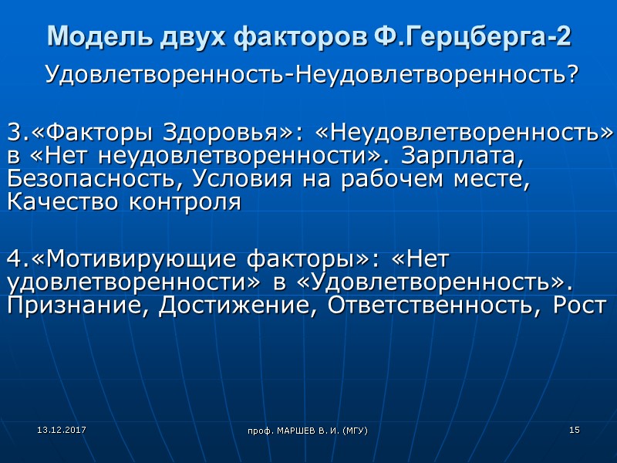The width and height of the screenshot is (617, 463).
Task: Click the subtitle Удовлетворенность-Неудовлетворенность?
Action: (x=312, y=76)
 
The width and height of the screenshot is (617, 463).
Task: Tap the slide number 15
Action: (x=574, y=429)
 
